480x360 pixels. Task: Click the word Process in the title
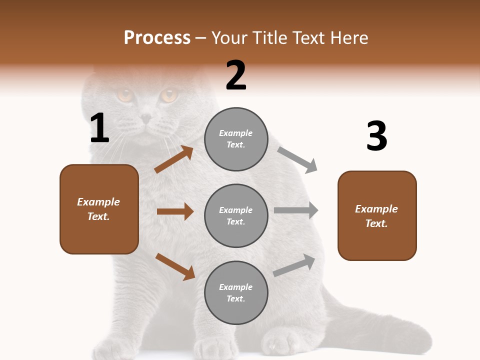coord(157,38)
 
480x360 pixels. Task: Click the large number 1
coord(99,128)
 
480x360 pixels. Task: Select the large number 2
coord(236,75)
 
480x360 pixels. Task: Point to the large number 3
coord(376,136)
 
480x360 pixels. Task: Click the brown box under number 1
coord(99,209)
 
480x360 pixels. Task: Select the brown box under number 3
coord(377,215)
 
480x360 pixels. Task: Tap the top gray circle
coord(236,139)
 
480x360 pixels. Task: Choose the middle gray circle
coord(236,215)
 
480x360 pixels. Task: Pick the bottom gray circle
coord(236,292)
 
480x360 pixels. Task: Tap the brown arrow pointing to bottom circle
coord(175,266)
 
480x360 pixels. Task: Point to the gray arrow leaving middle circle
coord(295,210)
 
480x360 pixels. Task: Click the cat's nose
coord(146,118)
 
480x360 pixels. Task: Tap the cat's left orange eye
coord(124,94)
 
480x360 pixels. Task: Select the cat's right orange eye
coord(168,94)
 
